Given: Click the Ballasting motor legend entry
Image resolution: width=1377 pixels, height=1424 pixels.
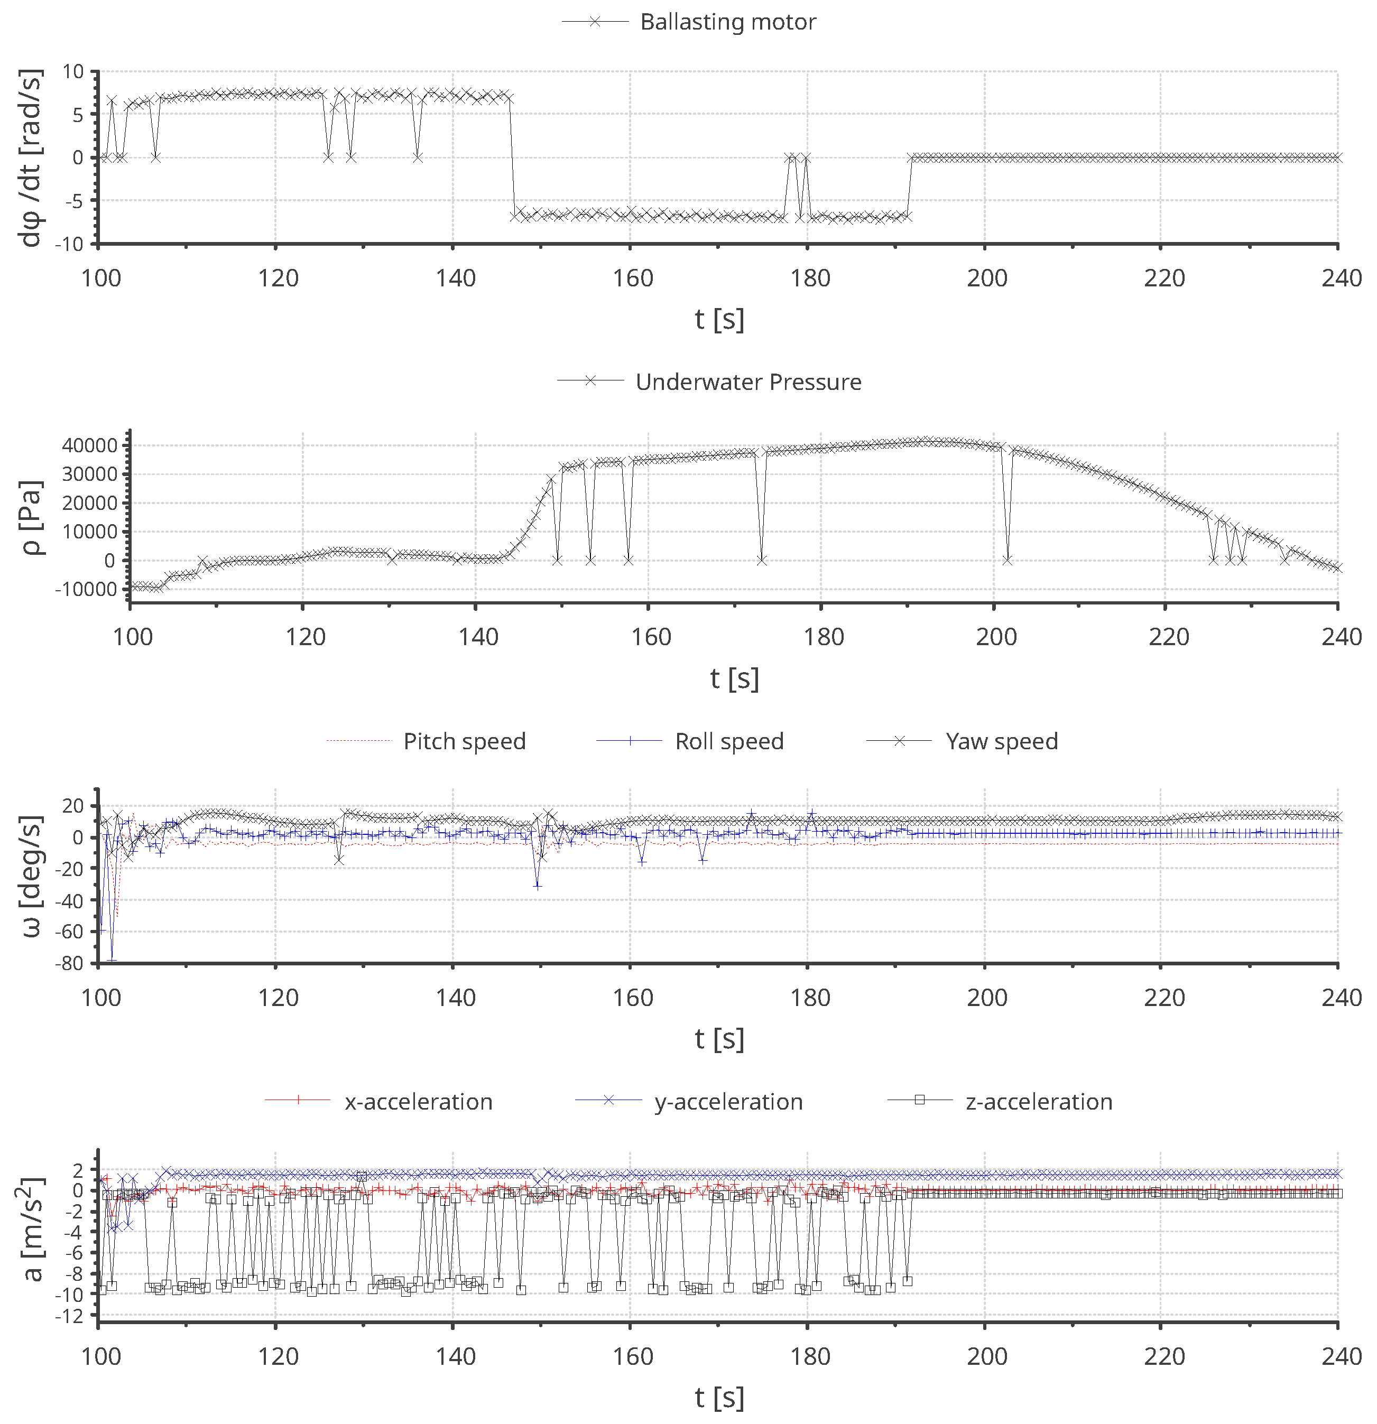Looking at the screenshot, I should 727,22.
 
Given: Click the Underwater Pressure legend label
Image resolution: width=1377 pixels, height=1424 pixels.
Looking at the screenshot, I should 748,382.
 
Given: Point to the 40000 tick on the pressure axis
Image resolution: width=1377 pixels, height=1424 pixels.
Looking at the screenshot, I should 89,445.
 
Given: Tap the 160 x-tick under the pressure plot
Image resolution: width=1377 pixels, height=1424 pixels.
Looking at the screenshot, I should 650,637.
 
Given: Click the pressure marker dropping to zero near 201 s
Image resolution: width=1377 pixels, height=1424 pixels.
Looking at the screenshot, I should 1007,560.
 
